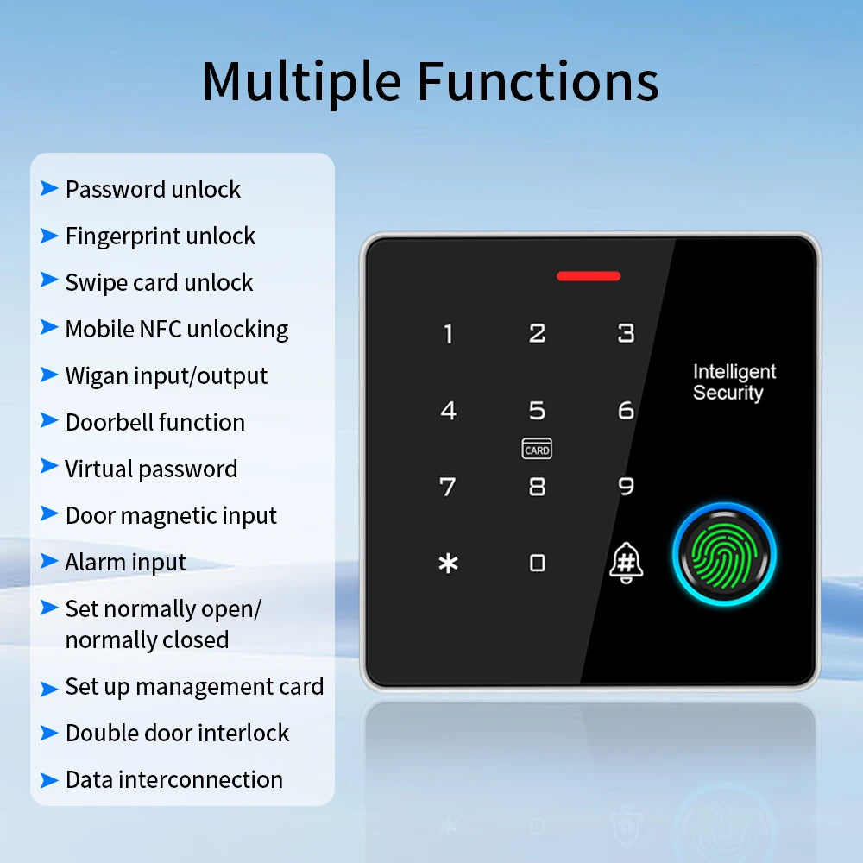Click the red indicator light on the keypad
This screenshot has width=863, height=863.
tap(589, 276)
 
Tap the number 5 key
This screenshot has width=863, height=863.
tap(537, 410)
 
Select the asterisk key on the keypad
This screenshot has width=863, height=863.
tap(448, 564)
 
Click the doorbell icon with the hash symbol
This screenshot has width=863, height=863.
tap(626, 563)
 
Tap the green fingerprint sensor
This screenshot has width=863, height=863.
tap(724, 552)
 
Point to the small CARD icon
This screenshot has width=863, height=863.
tap(537, 450)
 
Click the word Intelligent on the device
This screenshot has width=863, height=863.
tap(734, 372)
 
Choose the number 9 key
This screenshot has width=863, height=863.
tap(626, 487)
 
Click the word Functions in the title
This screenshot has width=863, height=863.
tap(538, 82)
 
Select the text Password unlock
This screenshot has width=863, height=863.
tap(153, 189)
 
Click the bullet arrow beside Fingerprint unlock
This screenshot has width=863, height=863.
tap(49, 235)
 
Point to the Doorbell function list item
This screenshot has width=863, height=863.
tap(155, 422)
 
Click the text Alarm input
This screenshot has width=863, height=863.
tap(126, 562)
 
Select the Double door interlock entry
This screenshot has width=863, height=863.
tap(177, 733)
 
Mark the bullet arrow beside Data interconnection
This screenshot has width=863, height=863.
tap(49, 779)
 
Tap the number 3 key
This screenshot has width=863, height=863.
tap(626, 333)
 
